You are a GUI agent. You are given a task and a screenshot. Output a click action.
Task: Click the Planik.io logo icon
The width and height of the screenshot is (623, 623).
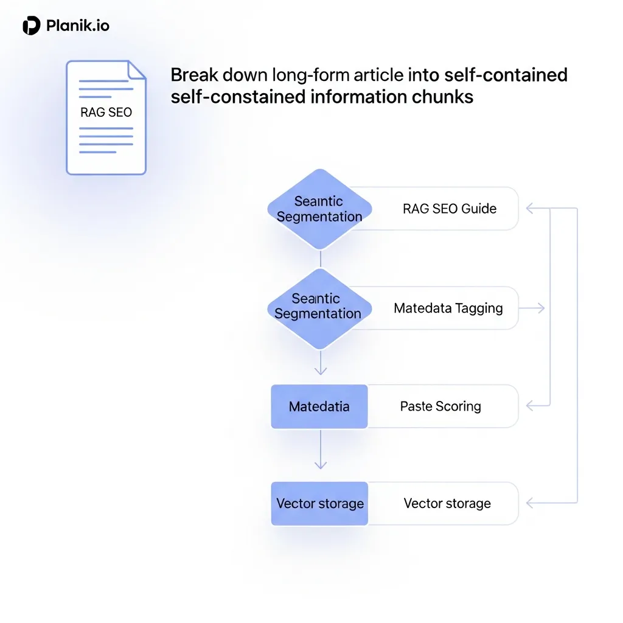[31, 26]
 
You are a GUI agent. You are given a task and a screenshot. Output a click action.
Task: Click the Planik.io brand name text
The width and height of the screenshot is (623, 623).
[78, 26]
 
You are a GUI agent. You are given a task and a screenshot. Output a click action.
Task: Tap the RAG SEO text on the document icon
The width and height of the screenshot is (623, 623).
[106, 112]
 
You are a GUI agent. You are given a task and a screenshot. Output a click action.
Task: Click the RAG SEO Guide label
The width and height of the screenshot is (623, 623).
[449, 209]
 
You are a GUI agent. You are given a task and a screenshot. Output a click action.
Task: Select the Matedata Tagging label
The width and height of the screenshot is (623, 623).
[448, 308]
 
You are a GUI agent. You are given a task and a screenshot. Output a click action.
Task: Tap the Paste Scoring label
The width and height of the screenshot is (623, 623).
[440, 406]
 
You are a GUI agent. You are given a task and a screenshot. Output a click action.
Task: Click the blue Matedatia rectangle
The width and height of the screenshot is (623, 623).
[319, 406]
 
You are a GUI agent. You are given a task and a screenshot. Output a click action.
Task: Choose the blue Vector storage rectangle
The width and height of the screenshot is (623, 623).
[319, 504]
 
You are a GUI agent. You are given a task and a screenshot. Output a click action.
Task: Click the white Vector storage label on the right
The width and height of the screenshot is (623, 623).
[447, 504]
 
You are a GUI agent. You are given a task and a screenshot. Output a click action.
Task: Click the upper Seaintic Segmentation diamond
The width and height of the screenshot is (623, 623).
[319, 209]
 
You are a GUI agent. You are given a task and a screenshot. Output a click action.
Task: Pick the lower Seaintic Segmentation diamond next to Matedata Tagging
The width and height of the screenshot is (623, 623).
[319, 307]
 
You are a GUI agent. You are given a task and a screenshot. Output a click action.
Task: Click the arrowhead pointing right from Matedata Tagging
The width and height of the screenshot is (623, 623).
[541, 308]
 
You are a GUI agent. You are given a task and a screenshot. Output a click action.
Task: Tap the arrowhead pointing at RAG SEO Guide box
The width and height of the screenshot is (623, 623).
[530, 209]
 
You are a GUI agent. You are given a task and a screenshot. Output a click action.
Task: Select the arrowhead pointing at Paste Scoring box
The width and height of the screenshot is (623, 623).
[530, 406]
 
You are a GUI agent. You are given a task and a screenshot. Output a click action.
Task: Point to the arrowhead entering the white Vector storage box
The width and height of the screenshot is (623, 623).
[530, 503]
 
